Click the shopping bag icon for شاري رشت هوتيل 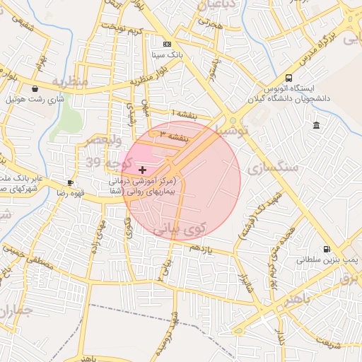pos(35,89)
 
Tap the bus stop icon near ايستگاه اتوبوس pos(288,78)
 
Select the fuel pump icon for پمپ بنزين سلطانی pos(326,249)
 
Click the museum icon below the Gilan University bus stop pos(316,126)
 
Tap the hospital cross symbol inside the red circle pos(143,170)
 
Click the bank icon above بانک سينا pos(167,44)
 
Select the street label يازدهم pos(199,249)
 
